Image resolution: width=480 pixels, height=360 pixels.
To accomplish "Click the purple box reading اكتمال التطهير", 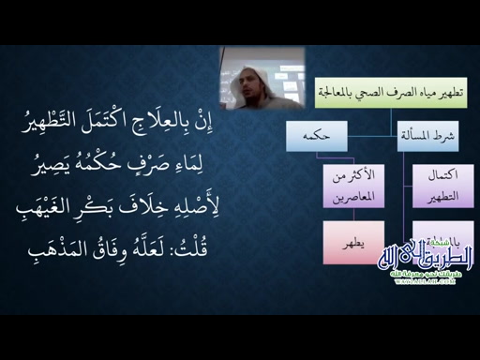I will (430, 187).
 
